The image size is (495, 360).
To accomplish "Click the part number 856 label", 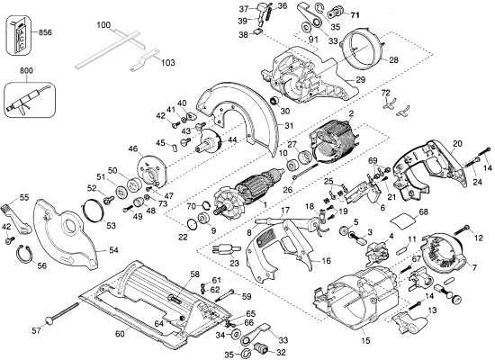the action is [45, 32].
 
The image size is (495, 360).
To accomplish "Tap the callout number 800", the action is [26, 71].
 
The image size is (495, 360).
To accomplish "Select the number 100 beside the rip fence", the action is [103, 24].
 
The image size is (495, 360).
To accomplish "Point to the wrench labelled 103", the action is [144, 60].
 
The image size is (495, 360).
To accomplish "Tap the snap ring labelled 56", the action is [24, 253].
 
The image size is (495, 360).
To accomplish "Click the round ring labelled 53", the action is [94, 210].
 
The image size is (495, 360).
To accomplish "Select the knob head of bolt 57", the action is [49, 320].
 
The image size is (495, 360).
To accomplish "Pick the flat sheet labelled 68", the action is [405, 220].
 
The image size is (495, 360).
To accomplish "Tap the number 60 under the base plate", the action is [120, 334].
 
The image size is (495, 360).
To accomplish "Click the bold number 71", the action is [355, 14].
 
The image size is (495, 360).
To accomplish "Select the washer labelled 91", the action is [306, 28].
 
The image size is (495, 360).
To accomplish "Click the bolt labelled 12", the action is [463, 229].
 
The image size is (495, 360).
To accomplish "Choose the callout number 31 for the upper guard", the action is [289, 126].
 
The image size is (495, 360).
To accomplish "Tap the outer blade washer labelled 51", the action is [121, 192].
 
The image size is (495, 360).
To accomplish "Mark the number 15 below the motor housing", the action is [365, 341].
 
